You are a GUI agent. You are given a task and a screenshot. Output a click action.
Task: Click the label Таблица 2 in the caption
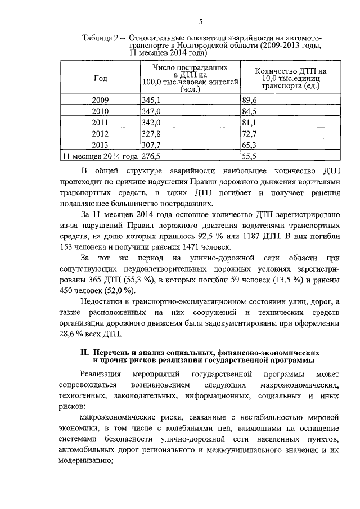pyautogui.click(x=101, y=38)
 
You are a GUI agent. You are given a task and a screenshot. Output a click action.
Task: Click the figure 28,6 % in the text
pyautogui.click(x=70, y=334)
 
